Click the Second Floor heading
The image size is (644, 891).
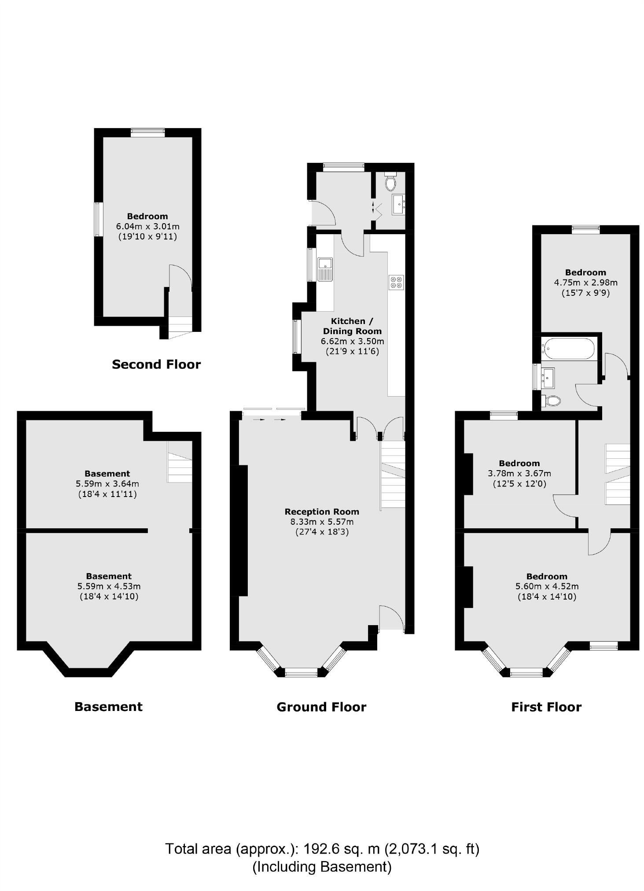(156, 364)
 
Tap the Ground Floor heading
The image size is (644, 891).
(321, 707)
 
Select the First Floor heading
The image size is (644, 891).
(546, 707)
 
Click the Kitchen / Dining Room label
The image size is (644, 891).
(352, 326)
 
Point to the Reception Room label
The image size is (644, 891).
(321, 512)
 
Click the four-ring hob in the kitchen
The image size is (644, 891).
(396, 282)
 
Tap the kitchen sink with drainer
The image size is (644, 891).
(325, 269)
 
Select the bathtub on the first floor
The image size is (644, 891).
(567, 349)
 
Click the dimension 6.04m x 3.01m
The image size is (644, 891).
(147, 226)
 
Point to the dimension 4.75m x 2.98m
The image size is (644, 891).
(585, 282)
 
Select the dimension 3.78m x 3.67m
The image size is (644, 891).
(519, 474)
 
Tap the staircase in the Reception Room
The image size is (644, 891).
(392, 475)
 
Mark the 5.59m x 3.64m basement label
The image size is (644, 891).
(107, 483)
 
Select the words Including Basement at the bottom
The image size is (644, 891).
(321, 866)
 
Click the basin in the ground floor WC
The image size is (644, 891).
(399, 204)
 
